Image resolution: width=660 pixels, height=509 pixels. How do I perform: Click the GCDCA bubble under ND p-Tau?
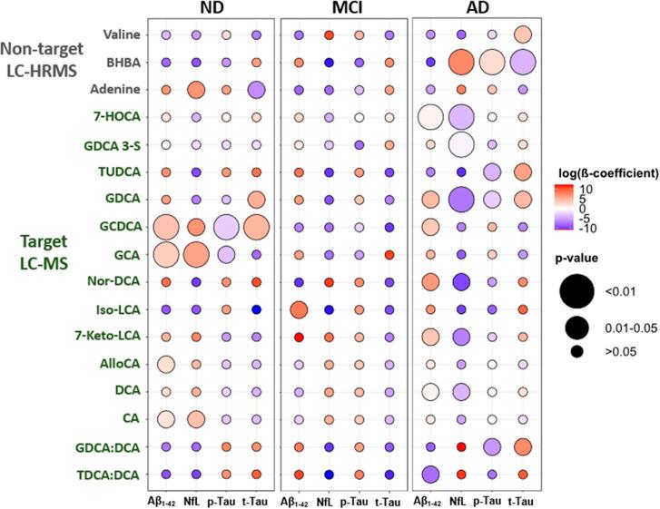click(225, 228)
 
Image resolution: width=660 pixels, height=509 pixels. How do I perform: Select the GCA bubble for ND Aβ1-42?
click(165, 255)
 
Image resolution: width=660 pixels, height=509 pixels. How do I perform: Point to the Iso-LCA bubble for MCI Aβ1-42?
click(299, 310)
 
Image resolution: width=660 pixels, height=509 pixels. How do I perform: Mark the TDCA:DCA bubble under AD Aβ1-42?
click(430, 475)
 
